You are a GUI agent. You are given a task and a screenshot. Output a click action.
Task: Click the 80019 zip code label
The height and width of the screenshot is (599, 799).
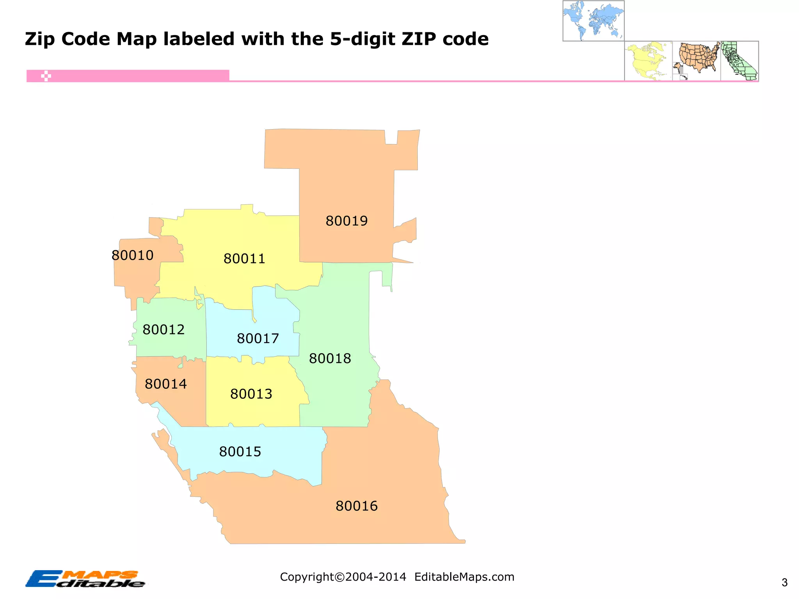click(x=346, y=221)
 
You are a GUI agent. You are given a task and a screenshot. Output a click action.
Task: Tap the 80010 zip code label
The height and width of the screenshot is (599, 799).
click(x=132, y=255)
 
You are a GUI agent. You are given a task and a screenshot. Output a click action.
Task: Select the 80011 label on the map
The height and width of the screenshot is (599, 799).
click(x=244, y=259)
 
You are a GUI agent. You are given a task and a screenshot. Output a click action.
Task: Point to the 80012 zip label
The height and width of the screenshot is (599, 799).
click(x=163, y=330)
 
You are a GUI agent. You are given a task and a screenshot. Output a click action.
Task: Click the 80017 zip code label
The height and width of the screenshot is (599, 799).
click(x=258, y=338)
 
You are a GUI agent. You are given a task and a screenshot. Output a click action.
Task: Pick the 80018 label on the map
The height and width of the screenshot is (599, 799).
click(x=330, y=358)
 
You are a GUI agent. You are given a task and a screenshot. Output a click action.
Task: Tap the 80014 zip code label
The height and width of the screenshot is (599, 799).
click(x=166, y=384)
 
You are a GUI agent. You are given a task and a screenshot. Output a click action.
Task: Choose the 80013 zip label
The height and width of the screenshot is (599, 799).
click(x=251, y=394)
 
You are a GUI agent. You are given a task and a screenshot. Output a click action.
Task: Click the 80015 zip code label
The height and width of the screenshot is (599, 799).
click(x=240, y=452)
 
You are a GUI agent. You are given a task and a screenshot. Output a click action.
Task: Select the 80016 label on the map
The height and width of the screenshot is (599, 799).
click(x=357, y=506)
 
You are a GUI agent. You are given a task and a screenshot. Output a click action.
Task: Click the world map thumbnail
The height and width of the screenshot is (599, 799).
click(x=593, y=21)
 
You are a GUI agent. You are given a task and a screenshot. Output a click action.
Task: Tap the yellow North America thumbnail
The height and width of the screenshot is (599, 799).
click(x=648, y=61)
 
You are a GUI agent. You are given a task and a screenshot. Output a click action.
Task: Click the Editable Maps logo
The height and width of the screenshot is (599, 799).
click(x=85, y=579)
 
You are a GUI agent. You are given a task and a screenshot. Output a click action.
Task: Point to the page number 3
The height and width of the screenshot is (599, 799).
click(x=785, y=583)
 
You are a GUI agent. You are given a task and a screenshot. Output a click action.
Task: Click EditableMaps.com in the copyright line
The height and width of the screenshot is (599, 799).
click(x=464, y=577)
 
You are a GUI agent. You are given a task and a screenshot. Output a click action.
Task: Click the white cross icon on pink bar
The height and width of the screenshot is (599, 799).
click(x=46, y=76)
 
